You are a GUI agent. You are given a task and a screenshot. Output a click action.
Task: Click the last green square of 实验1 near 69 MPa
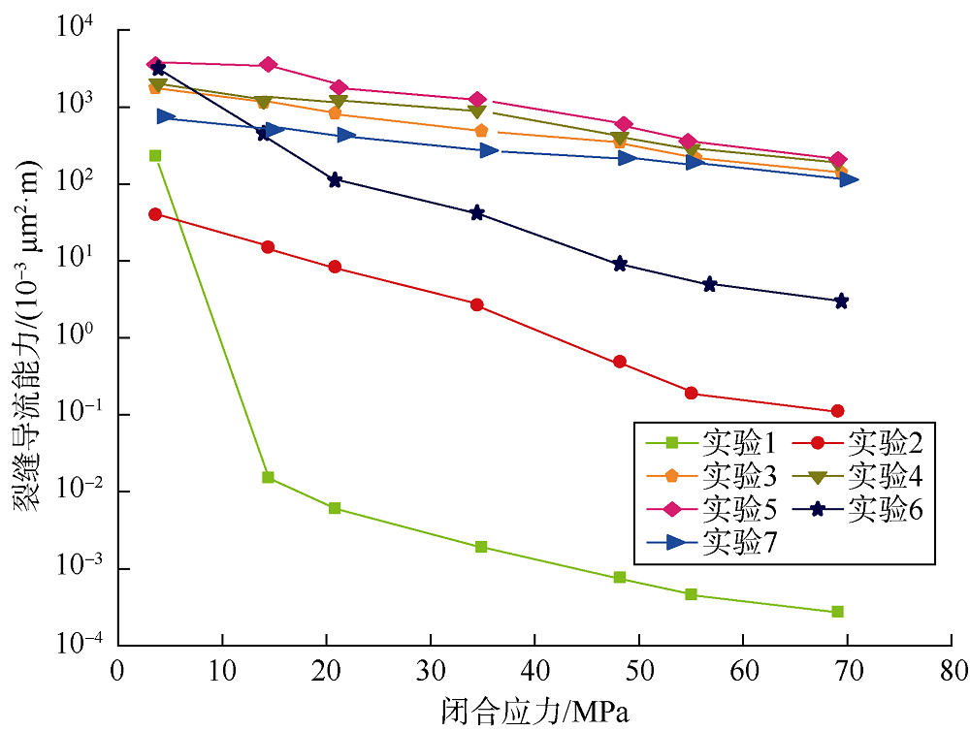coord(837,612)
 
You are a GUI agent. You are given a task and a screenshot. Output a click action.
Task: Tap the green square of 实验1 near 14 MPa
coord(268,477)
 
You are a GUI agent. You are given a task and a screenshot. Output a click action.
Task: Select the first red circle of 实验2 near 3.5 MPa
coord(155,214)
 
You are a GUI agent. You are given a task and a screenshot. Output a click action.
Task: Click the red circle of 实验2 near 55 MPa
coord(692,393)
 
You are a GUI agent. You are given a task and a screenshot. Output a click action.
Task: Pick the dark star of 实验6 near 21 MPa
coord(336,180)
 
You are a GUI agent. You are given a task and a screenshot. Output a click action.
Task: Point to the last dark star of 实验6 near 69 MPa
coord(841,302)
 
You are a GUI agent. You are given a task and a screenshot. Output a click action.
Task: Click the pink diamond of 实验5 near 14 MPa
coord(269,65)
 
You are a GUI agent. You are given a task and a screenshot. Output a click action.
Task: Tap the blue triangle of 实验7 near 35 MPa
coord(489,150)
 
